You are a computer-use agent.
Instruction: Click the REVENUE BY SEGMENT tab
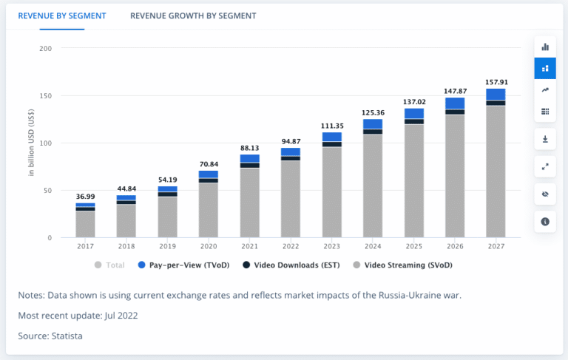pyautogui.click(x=62, y=16)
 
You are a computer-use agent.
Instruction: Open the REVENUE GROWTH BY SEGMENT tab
pyautogui.click(x=193, y=16)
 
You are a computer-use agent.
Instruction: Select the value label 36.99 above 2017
pyautogui.click(x=85, y=195)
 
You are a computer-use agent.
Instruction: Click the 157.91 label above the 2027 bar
pyautogui.click(x=495, y=81)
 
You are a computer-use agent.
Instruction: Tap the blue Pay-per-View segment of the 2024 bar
pyautogui.click(x=373, y=124)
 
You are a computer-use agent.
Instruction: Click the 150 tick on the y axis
pyautogui.click(x=46, y=96)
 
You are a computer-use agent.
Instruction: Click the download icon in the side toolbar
pyautogui.click(x=545, y=139)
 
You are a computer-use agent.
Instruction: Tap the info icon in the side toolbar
pyautogui.click(x=545, y=221)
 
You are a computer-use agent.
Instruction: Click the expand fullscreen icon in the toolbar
pyautogui.click(x=545, y=166)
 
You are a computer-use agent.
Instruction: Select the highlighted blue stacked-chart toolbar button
pyautogui.click(x=545, y=68)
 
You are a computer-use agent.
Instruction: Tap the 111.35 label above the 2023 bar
pyautogui.click(x=332, y=126)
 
